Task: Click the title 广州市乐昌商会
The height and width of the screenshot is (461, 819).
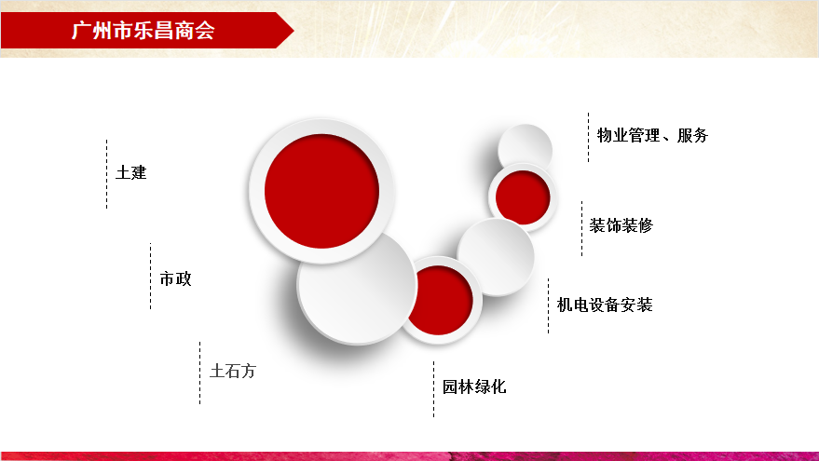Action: coord(143,31)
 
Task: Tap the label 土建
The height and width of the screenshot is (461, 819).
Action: coord(131,172)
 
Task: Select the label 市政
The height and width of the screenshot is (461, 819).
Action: coord(175,278)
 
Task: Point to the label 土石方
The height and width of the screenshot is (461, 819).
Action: coord(233,372)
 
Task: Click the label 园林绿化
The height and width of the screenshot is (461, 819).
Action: coord(474,386)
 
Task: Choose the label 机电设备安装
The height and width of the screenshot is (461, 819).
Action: coord(605,305)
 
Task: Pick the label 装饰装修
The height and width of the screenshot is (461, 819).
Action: coord(621,225)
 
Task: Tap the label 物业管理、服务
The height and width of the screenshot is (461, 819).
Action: coord(652,135)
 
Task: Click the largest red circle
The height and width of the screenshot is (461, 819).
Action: coord(321,191)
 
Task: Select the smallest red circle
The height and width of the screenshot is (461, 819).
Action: coord(523,197)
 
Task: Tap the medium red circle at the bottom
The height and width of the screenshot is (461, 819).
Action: coord(440,300)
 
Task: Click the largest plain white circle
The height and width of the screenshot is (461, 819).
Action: coord(357,287)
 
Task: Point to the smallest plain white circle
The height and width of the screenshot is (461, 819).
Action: coord(525,149)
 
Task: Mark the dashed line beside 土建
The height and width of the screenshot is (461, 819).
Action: coord(106,174)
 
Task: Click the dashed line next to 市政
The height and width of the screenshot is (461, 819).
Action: coord(150,277)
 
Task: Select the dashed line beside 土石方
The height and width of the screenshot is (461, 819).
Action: coord(199,373)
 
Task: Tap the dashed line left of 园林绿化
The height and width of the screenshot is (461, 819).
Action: coord(433,389)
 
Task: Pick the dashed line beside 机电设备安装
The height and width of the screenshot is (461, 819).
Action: coord(549,306)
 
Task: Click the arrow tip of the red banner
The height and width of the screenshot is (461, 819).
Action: coord(293,31)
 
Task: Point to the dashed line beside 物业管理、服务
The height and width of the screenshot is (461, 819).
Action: coord(588,137)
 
